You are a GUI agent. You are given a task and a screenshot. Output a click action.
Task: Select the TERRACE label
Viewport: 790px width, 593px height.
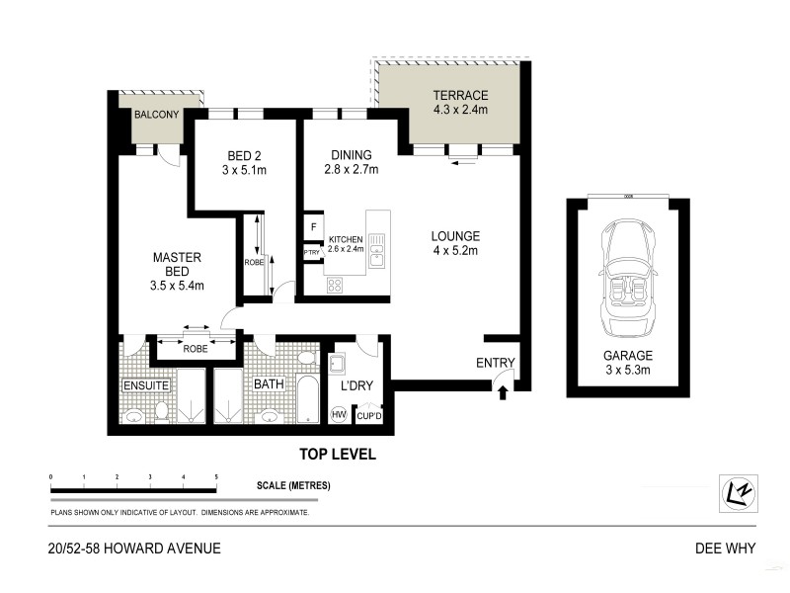tap(460, 96)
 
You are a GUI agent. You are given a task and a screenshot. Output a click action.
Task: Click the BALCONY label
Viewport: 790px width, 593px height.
tap(156, 115)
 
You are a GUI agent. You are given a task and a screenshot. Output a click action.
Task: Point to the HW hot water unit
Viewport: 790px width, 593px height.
tap(339, 415)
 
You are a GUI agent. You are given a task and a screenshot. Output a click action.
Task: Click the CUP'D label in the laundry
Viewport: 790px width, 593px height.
tap(369, 416)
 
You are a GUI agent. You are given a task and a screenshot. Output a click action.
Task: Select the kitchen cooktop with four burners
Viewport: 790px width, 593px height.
tap(335, 284)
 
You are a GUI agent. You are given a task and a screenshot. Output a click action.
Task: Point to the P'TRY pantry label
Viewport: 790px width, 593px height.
tap(312, 253)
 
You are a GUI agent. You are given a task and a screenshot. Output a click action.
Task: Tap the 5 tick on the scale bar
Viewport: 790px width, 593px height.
tap(215, 477)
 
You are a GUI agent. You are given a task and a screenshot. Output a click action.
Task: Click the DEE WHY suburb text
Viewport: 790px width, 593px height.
tap(726, 549)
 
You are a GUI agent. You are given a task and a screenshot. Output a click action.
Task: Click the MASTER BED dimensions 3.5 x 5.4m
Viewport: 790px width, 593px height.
tap(177, 287)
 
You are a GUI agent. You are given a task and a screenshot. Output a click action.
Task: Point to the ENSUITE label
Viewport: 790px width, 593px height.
tap(146, 383)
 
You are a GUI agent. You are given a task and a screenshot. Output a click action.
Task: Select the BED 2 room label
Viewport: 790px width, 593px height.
tap(244, 155)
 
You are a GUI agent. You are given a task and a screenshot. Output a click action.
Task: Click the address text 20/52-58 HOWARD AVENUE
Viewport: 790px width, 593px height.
tap(132, 549)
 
